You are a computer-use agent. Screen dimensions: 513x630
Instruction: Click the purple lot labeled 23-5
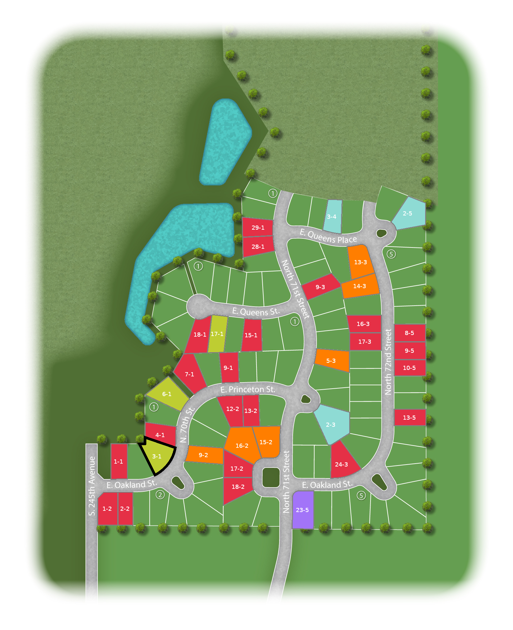point(302,510)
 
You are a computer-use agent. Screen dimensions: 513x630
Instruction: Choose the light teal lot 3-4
point(332,216)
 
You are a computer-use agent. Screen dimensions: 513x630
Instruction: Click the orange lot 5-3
point(331,361)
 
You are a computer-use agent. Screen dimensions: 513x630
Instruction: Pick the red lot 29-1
point(258,227)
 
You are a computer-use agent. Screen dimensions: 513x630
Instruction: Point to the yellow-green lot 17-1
point(217,334)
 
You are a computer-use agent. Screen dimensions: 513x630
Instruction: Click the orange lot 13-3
point(360,262)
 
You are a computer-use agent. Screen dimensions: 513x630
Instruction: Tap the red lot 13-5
point(409,417)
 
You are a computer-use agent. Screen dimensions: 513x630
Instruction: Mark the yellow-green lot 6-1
point(167,394)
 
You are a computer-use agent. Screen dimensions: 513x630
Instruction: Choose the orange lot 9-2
point(204,455)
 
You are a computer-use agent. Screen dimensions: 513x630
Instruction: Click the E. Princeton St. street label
point(248,389)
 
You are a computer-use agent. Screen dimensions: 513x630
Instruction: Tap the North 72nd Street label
point(388,362)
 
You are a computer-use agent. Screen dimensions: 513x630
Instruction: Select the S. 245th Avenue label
point(92,486)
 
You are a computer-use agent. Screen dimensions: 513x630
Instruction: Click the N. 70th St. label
point(187,425)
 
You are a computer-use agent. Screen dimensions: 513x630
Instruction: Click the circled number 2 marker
point(160,495)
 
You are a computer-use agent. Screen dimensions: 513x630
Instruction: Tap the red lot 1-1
point(119,461)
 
